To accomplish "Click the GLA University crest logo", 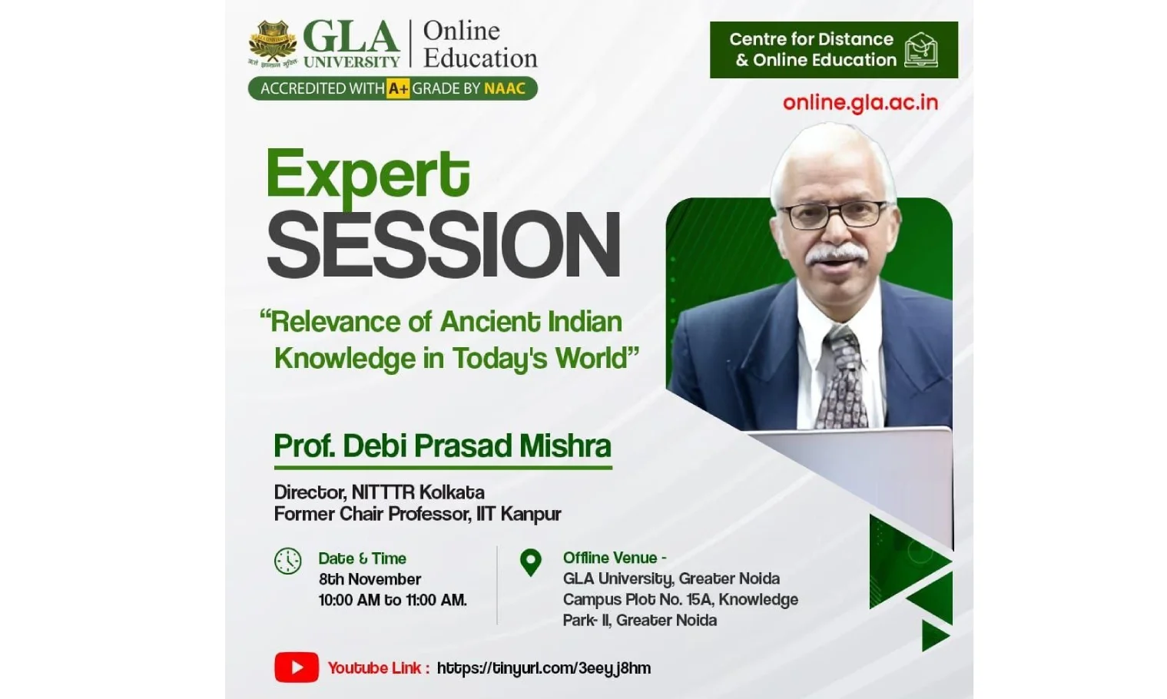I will [x=272, y=44].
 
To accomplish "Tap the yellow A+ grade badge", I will [x=398, y=88].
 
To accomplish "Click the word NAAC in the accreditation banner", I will [x=505, y=88].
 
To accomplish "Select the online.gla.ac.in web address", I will [x=860, y=103].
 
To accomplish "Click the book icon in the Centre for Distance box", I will [x=920, y=50].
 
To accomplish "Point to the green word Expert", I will [x=367, y=174].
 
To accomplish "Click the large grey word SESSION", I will [x=443, y=245].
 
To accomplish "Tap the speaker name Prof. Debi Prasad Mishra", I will [x=443, y=446].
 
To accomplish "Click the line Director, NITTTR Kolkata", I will [x=379, y=492].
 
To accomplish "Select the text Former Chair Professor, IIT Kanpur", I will [x=417, y=514].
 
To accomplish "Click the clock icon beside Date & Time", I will [x=288, y=561].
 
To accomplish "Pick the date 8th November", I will [x=370, y=579].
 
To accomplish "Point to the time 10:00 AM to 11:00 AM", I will [x=393, y=600].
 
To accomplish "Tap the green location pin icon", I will [x=530, y=562].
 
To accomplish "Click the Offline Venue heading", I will [x=614, y=558].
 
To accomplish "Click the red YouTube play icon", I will [x=297, y=668].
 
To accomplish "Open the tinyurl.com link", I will [x=543, y=668].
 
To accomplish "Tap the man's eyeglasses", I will [x=832, y=214].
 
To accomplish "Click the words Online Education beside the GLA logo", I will [x=479, y=45].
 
